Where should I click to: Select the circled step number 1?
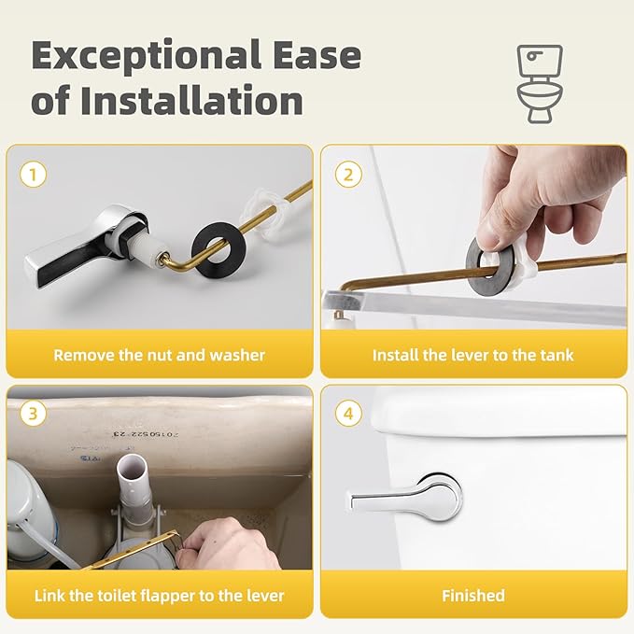34,174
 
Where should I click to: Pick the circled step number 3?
34,413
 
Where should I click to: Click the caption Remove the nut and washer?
159,355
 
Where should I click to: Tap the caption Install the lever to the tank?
472,355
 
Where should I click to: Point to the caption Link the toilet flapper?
159,595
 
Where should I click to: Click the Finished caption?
472,595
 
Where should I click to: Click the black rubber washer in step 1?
218,247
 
